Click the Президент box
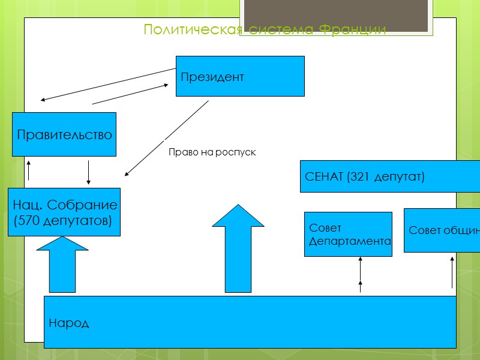coord(240,76)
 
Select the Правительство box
coord(64,134)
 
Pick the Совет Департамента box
coord(348,234)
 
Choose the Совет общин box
coord(442,230)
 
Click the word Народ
coord(69,323)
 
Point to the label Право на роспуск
coord(212,153)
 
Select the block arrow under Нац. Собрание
coord(62,264)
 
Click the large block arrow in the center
coord(238,249)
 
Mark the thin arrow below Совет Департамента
coord(361,274)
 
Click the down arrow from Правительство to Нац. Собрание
coord(89,172)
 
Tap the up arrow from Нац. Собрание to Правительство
coord(28,170)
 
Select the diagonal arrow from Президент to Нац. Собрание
coord(167,138)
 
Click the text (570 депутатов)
coord(62,221)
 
